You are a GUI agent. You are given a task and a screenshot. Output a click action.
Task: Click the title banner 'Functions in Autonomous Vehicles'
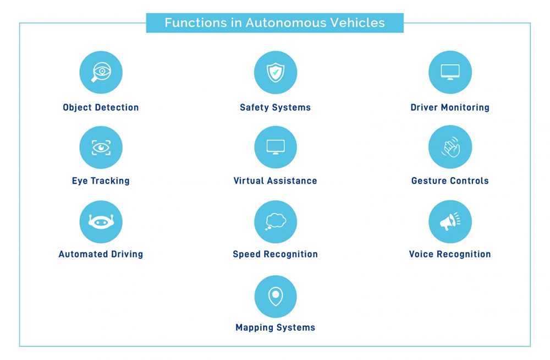274,23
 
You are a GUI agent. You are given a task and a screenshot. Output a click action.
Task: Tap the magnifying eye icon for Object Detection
101,72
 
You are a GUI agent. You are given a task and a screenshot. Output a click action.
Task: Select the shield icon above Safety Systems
276,72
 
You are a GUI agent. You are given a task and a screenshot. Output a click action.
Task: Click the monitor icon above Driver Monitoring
450,72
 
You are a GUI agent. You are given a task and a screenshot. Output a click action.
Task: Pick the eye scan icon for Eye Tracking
101,148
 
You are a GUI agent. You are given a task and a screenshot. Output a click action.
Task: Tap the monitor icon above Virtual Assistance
276,147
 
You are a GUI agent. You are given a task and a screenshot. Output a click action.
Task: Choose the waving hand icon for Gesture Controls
450,147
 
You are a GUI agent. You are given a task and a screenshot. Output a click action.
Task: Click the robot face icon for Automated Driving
101,222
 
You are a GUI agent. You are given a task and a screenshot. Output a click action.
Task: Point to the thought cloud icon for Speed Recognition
276,222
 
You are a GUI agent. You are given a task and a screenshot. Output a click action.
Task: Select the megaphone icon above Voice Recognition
450,222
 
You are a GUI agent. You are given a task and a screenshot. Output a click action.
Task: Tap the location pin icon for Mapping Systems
276,297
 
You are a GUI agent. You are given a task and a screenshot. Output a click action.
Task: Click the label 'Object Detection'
101,107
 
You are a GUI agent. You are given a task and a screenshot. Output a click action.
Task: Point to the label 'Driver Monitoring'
450,107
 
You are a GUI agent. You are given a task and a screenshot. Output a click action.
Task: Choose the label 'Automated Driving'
101,254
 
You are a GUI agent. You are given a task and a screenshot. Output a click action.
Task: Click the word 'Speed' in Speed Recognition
246,254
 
